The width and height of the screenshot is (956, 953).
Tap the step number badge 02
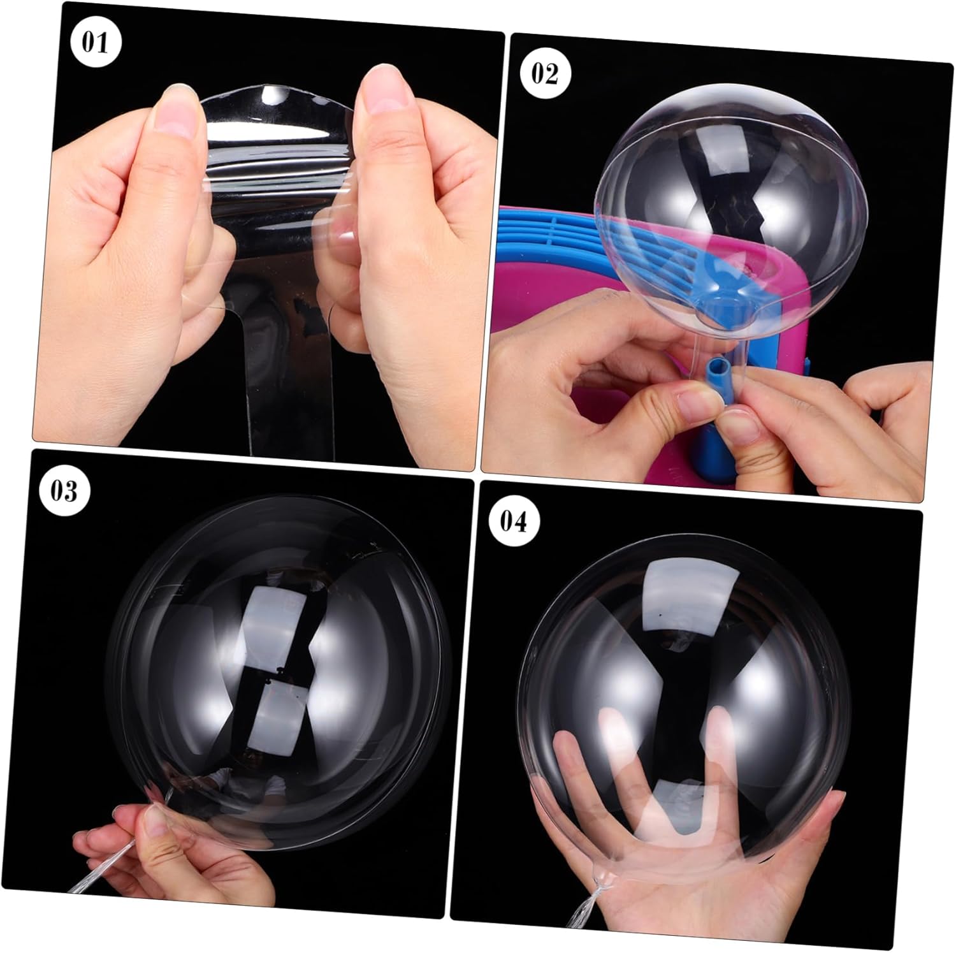544,73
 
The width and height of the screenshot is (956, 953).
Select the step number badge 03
64,491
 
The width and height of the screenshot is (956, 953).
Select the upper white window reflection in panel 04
669,590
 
